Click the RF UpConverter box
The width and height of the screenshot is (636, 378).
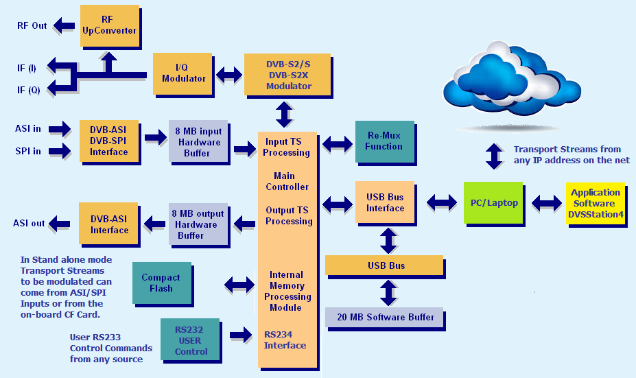[109, 25]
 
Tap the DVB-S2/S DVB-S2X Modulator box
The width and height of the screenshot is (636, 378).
[288, 75]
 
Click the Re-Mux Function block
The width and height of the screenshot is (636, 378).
[384, 141]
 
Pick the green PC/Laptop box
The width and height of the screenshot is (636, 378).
[493, 202]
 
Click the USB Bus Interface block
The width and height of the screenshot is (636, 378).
[385, 202]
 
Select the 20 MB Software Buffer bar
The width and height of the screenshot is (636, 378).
[385, 318]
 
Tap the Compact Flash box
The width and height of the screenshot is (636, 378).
[161, 283]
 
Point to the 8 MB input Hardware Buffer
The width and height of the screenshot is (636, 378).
[198, 142]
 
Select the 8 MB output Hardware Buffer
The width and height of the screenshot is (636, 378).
[198, 224]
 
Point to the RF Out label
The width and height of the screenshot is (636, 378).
[32, 26]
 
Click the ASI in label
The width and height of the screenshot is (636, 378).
[28, 128]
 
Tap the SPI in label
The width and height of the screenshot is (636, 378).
[28, 150]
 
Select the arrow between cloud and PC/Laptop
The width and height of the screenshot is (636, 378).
[493, 156]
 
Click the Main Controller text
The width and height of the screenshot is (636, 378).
[287, 182]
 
